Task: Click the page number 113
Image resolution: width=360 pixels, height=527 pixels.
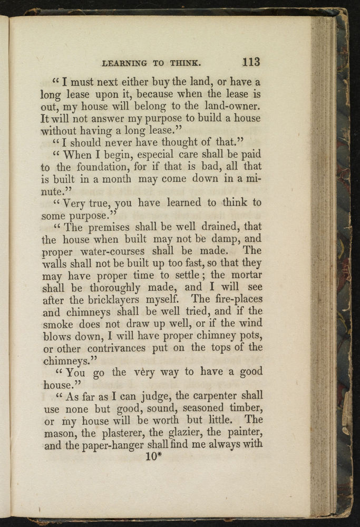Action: pyautogui.click(x=251, y=62)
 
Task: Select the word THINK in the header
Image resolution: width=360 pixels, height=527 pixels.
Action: pyautogui.click(x=183, y=63)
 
